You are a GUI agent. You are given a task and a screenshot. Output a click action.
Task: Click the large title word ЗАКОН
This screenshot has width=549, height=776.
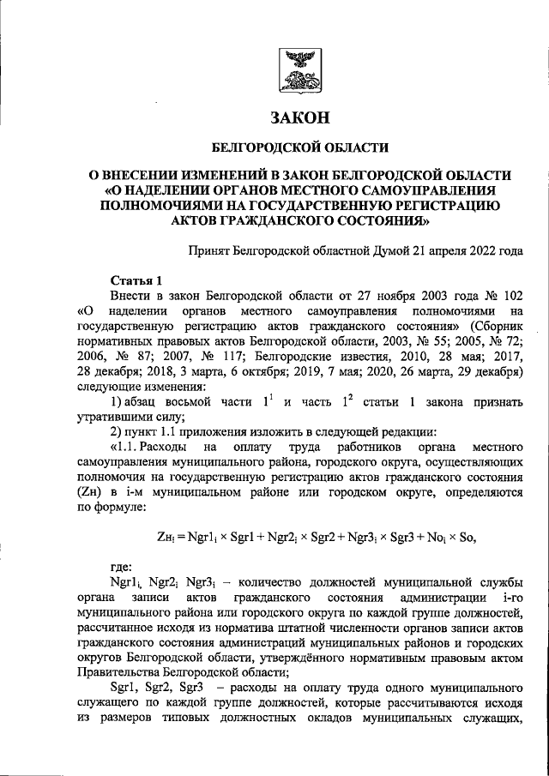pos(299,117)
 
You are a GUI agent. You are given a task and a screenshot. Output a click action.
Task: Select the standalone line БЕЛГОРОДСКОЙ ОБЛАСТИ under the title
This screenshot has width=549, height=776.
pos(299,147)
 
